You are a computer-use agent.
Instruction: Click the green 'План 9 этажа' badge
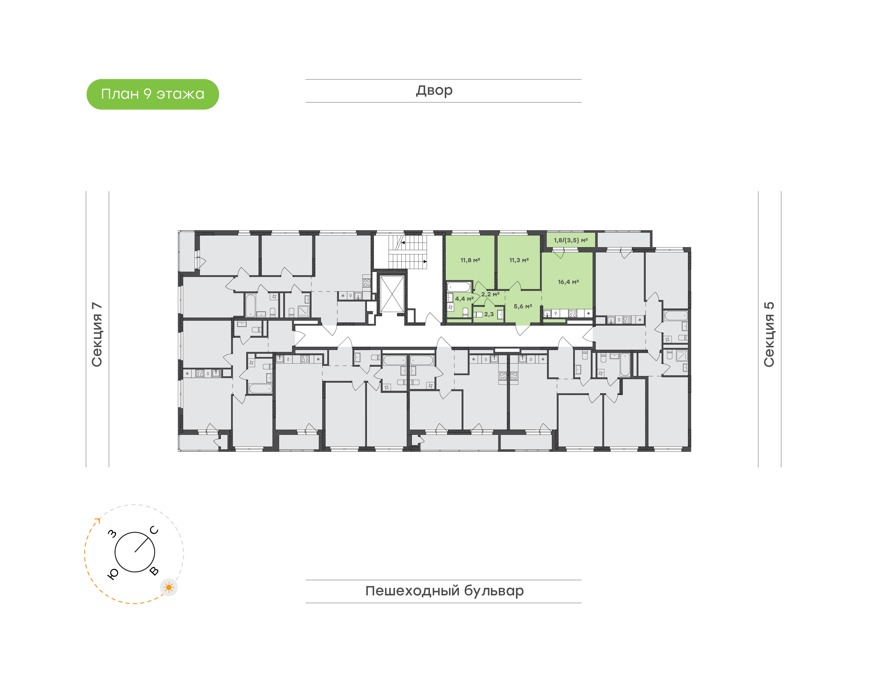pos(152,94)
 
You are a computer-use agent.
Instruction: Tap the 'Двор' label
pos(434,91)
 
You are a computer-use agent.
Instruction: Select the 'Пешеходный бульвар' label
pos(444,591)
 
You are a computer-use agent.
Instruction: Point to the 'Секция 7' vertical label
pos(97,335)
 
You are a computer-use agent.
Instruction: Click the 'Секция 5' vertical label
pos(769,334)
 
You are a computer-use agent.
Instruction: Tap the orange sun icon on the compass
pos(169,587)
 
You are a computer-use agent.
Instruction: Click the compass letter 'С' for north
pos(154,530)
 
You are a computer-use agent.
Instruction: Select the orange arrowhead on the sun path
pos(97,520)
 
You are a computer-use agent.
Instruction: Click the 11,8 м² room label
pos(470,260)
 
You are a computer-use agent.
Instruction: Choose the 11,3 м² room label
pos(519,260)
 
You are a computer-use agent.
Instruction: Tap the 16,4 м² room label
pos(568,282)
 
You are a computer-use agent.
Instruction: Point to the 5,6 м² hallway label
pos(523,306)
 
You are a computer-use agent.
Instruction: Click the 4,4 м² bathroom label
pos(464,299)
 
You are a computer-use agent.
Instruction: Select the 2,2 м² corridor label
pos(490,294)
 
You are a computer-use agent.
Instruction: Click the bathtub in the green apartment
pos(459,287)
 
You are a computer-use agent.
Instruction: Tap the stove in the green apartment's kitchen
pos(572,314)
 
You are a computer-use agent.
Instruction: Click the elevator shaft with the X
pos(392,294)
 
